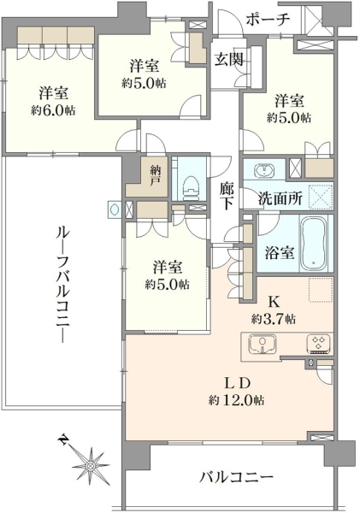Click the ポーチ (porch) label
click(268, 20)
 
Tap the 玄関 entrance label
click(229, 60)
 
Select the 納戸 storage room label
click(154, 175)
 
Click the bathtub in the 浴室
click(313, 243)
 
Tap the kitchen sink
click(262, 344)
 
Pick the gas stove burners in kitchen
click(319, 345)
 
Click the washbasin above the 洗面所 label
click(265, 170)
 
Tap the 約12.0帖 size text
click(237, 400)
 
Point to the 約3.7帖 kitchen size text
click(274, 318)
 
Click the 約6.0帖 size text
click(53, 110)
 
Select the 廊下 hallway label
click(227, 195)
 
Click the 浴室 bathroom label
click(279, 252)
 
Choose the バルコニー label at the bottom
click(236, 478)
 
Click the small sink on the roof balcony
click(114, 209)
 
